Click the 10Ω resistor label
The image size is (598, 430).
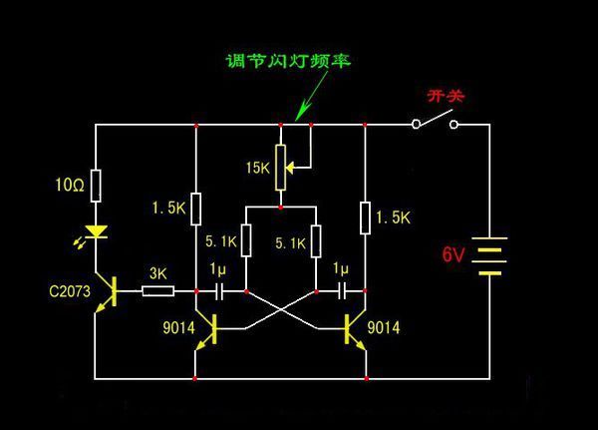tap(71, 185)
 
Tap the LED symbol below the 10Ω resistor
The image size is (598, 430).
tap(96, 232)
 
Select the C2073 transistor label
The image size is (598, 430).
tap(69, 291)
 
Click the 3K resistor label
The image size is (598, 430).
tap(157, 272)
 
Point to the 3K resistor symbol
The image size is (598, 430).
tap(157, 291)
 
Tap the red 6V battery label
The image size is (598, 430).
tap(453, 254)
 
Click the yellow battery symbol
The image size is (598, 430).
tap(490, 254)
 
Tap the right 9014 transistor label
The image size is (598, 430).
tap(384, 326)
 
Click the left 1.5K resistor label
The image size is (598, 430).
tap(168, 208)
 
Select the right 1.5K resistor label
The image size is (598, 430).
tap(396, 215)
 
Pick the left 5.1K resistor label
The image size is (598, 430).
tap(221, 240)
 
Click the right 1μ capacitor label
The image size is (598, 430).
tap(340, 269)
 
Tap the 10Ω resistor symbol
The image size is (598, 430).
tap(96, 185)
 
